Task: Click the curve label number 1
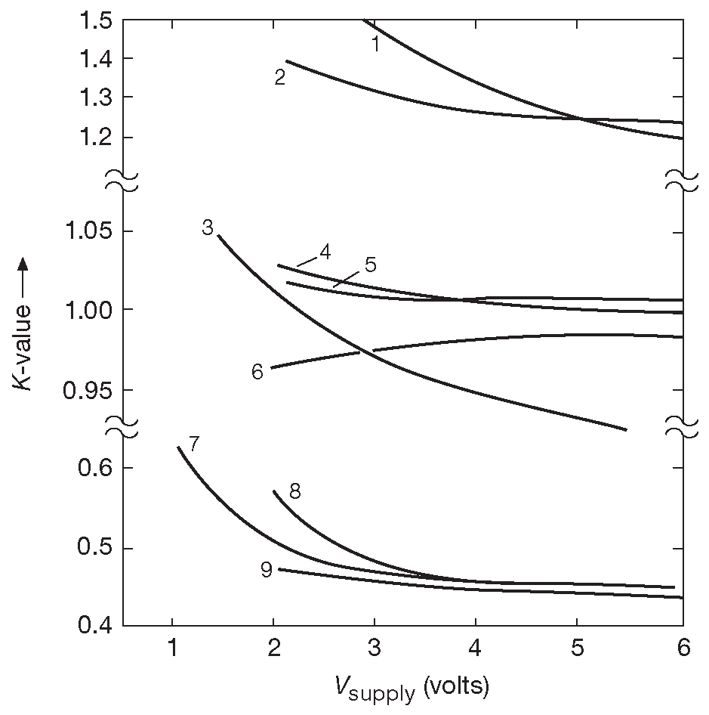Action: pos(375,45)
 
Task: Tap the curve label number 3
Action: pos(208,227)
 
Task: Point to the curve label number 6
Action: pos(257,372)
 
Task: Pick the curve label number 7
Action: pos(193,444)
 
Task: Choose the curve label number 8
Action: pos(294,492)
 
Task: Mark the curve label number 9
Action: pos(266,570)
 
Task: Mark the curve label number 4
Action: pos(325,252)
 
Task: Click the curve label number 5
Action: pos(369,265)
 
